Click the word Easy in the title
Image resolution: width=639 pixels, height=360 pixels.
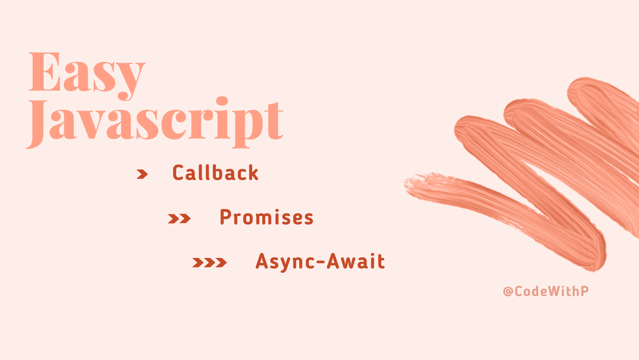pos(87,76)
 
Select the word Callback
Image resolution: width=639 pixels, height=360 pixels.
pos(215,173)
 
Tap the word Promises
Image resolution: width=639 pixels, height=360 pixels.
pos(267,217)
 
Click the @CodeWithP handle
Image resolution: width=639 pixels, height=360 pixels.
pos(546,291)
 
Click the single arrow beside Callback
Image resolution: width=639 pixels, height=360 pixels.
pos(142,174)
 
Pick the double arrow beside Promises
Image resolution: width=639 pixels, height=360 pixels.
pos(179,219)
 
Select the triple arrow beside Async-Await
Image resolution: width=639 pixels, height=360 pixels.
pos(209,263)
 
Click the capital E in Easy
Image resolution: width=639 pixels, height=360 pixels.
pos(44,72)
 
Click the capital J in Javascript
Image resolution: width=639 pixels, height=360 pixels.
pos(37,124)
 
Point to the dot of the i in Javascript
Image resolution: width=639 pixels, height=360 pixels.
pos(222,102)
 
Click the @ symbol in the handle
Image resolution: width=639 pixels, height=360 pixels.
pos(508,291)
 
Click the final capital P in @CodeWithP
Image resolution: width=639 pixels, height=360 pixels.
pos(584,291)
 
